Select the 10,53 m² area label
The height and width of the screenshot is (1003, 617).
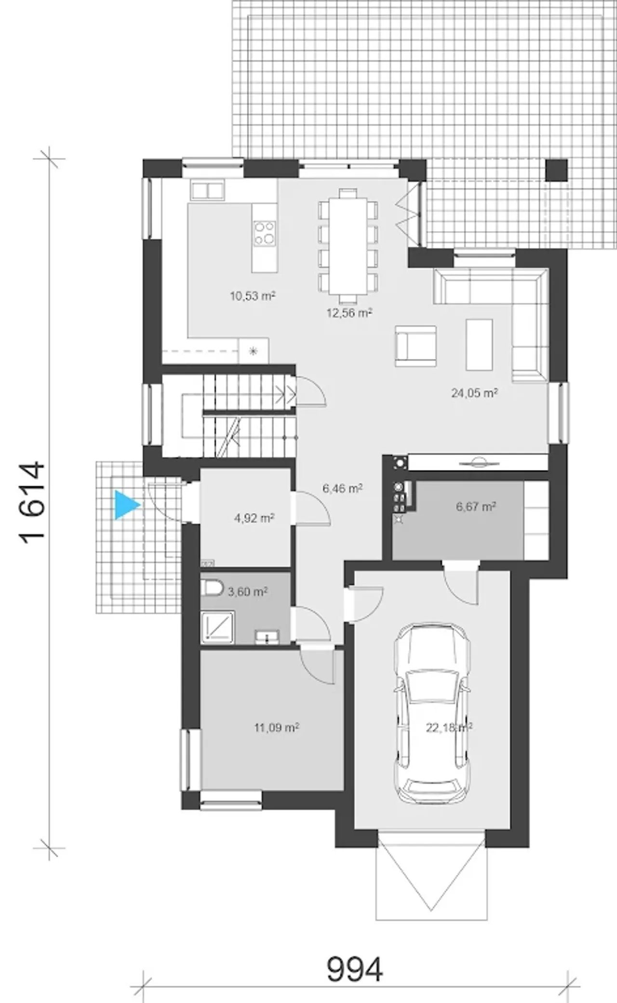253,296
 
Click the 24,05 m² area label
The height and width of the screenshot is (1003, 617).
474,393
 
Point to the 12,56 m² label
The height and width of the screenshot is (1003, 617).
349,313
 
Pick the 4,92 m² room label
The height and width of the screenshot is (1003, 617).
254,518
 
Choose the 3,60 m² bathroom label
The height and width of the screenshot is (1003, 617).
248,591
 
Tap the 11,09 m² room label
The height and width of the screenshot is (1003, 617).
277,727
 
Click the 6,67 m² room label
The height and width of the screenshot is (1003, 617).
476,506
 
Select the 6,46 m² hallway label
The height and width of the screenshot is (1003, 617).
343,488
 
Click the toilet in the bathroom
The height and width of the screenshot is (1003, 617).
212,587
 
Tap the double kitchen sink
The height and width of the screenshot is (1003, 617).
207,191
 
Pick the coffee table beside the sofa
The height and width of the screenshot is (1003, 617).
479,344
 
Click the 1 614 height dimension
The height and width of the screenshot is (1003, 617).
34,503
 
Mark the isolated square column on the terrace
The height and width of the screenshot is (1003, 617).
556,170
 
